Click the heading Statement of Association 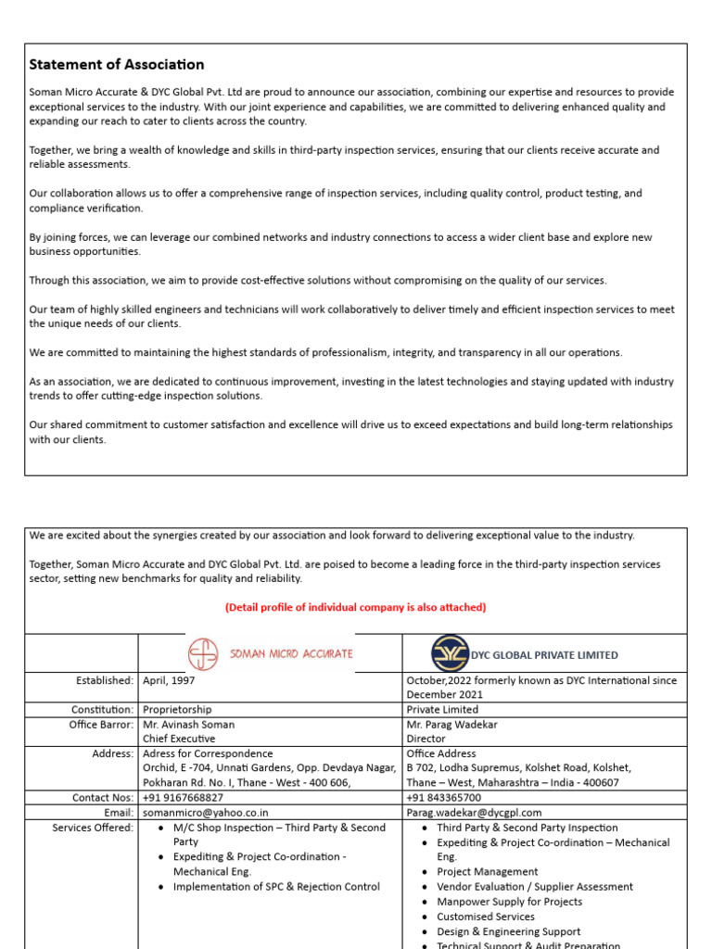click(117, 65)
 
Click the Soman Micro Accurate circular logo click(203, 654)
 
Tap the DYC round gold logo click(451, 653)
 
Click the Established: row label click(105, 680)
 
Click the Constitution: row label click(103, 710)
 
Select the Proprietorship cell click(177, 710)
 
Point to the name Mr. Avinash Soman click(188, 725)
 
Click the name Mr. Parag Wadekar click(450, 725)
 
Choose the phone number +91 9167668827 click(183, 798)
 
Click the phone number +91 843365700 click(443, 798)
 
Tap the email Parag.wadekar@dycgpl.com click(474, 813)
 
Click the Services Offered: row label click(93, 828)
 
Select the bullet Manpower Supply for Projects click(509, 902)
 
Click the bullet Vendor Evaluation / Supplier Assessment click(535, 887)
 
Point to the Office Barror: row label click(101, 725)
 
